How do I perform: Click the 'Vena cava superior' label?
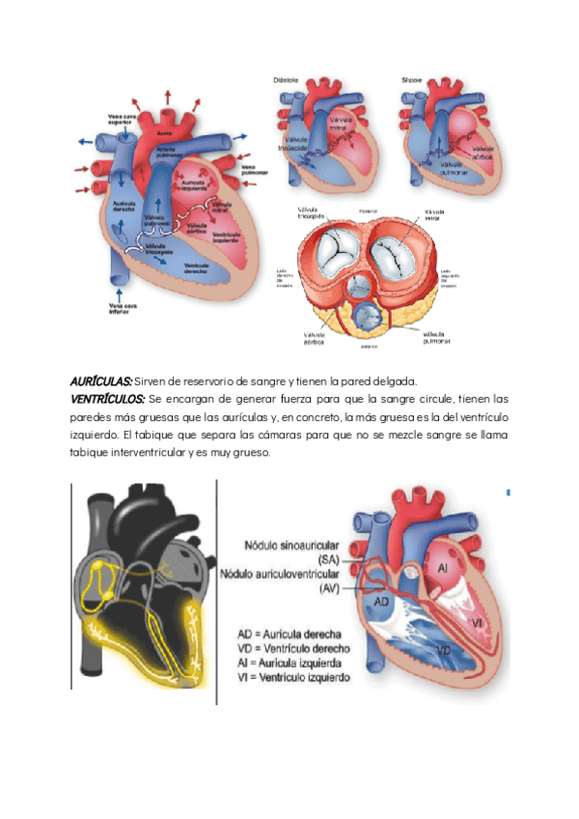click(x=121, y=121)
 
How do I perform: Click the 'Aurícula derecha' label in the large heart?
click(x=124, y=208)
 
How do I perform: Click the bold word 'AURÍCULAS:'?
click(x=100, y=381)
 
